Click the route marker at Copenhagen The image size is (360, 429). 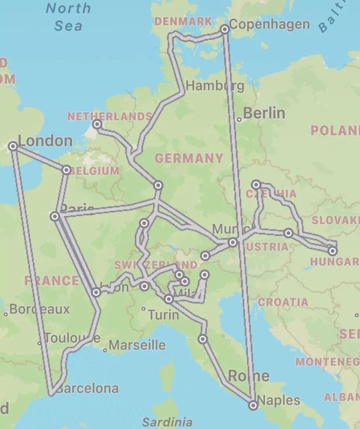225,29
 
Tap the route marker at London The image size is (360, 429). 13,146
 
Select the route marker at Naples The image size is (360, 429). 253,405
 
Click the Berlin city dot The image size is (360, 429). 239,119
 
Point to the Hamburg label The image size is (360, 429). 215,86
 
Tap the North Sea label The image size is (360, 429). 68,17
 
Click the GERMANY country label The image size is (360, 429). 189,158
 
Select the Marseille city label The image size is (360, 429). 137,345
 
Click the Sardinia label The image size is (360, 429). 167,422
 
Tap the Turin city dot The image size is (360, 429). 143,309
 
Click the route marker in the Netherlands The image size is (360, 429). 97,124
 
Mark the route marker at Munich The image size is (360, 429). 233,242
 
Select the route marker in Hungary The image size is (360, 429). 332,251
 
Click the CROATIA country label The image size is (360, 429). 283,302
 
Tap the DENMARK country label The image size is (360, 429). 183,21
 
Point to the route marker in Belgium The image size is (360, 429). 66,170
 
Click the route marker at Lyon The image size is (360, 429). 96,292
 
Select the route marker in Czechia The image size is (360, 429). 256,184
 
